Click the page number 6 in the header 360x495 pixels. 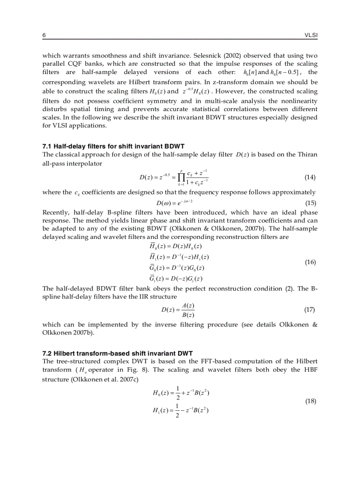(x=44, y=35)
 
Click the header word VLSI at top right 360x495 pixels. (x=311, y=35)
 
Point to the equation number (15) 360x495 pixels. (x=310, y=203)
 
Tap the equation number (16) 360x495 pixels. (x=310, y=262)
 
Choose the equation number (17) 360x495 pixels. (x=310, y=309)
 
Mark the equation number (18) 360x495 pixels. (x=310, y=401)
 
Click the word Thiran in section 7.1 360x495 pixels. (x=308, y=154)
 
